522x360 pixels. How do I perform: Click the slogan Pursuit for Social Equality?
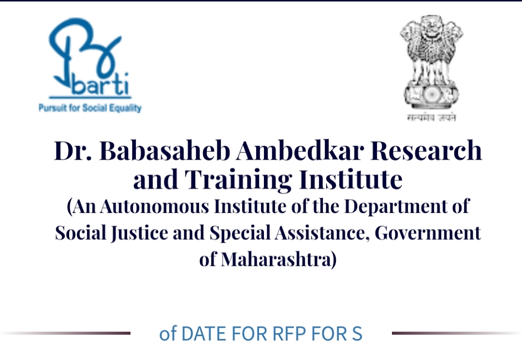click(90, 108)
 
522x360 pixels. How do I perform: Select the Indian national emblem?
click(431, 62)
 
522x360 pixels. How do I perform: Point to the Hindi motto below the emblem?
click(431, 117)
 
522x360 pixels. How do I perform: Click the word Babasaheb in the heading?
click(165, 150)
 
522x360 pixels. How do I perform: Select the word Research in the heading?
click(426, 150)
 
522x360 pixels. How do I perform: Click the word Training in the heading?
click(238, 180)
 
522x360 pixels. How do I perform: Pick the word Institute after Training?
click(351, 179)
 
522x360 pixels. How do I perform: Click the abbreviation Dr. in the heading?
click(73, 150)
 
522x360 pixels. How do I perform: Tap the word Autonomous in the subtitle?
click(154, 206)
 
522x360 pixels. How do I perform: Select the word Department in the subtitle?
click(395, 207)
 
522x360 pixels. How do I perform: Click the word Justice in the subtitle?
click(139, 233)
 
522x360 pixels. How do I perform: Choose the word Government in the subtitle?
click(428, 233)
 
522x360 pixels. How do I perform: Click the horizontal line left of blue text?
click(66, 333)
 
